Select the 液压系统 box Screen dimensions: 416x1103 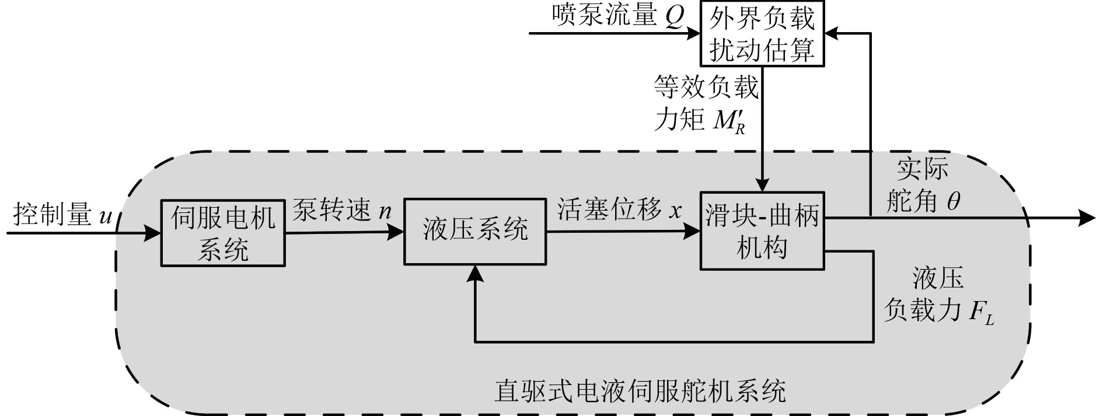(x=475, y=231)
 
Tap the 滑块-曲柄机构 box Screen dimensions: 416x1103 (x=762, y=231)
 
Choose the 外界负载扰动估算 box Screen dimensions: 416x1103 (x=762, y=33)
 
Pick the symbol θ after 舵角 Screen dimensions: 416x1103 (x=953, y=202)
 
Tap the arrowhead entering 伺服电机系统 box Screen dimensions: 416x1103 (x=153, y=234)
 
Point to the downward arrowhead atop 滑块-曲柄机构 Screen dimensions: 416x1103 (x=762, y=184)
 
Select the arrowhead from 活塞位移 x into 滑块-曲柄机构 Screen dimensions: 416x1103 (x=693, y=232)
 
